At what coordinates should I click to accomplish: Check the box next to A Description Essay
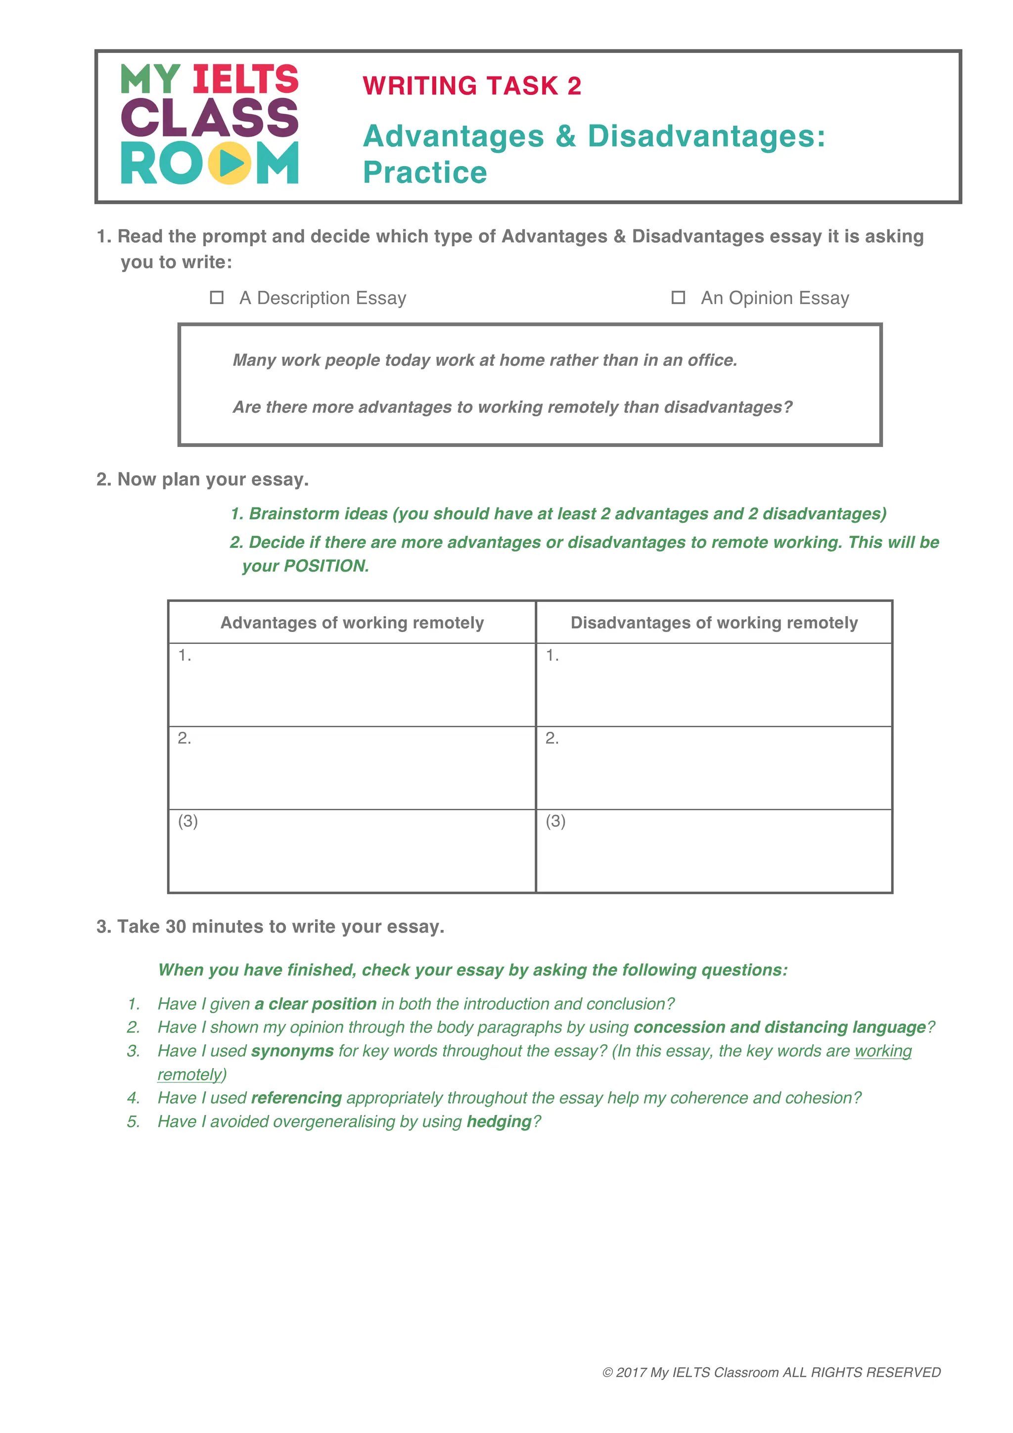click(x=217, y=298)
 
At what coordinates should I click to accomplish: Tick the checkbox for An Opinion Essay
click(x=678, y=298)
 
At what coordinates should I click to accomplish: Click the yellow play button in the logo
click(x=230, y=164)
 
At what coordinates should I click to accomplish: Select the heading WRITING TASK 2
click(x=472, y=86)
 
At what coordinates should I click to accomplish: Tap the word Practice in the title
click(x=424, y=173)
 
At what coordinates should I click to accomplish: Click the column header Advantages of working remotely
click(x=352, y=623)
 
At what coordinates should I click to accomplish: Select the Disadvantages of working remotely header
click(x=714, y=623)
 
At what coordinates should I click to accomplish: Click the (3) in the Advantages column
click(x=188, y=821)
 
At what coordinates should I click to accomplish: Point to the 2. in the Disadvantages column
click(x=552, y=738)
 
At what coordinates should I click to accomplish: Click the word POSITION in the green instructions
click(x=324, y=566)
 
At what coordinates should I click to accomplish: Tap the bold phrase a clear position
click(x=315, y=1004)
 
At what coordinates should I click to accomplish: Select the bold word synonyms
click(x=292, y=1051)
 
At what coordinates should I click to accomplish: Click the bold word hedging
click(x=499, y=1121)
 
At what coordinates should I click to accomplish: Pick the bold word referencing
click(x=296, y=1098)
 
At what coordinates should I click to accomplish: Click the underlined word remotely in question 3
click(x=190, y=1075)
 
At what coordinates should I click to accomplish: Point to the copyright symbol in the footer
click(x=607, y=1373)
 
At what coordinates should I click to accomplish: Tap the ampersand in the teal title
click(x=565, y=136)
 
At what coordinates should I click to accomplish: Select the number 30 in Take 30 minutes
click(x=176, y=927)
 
